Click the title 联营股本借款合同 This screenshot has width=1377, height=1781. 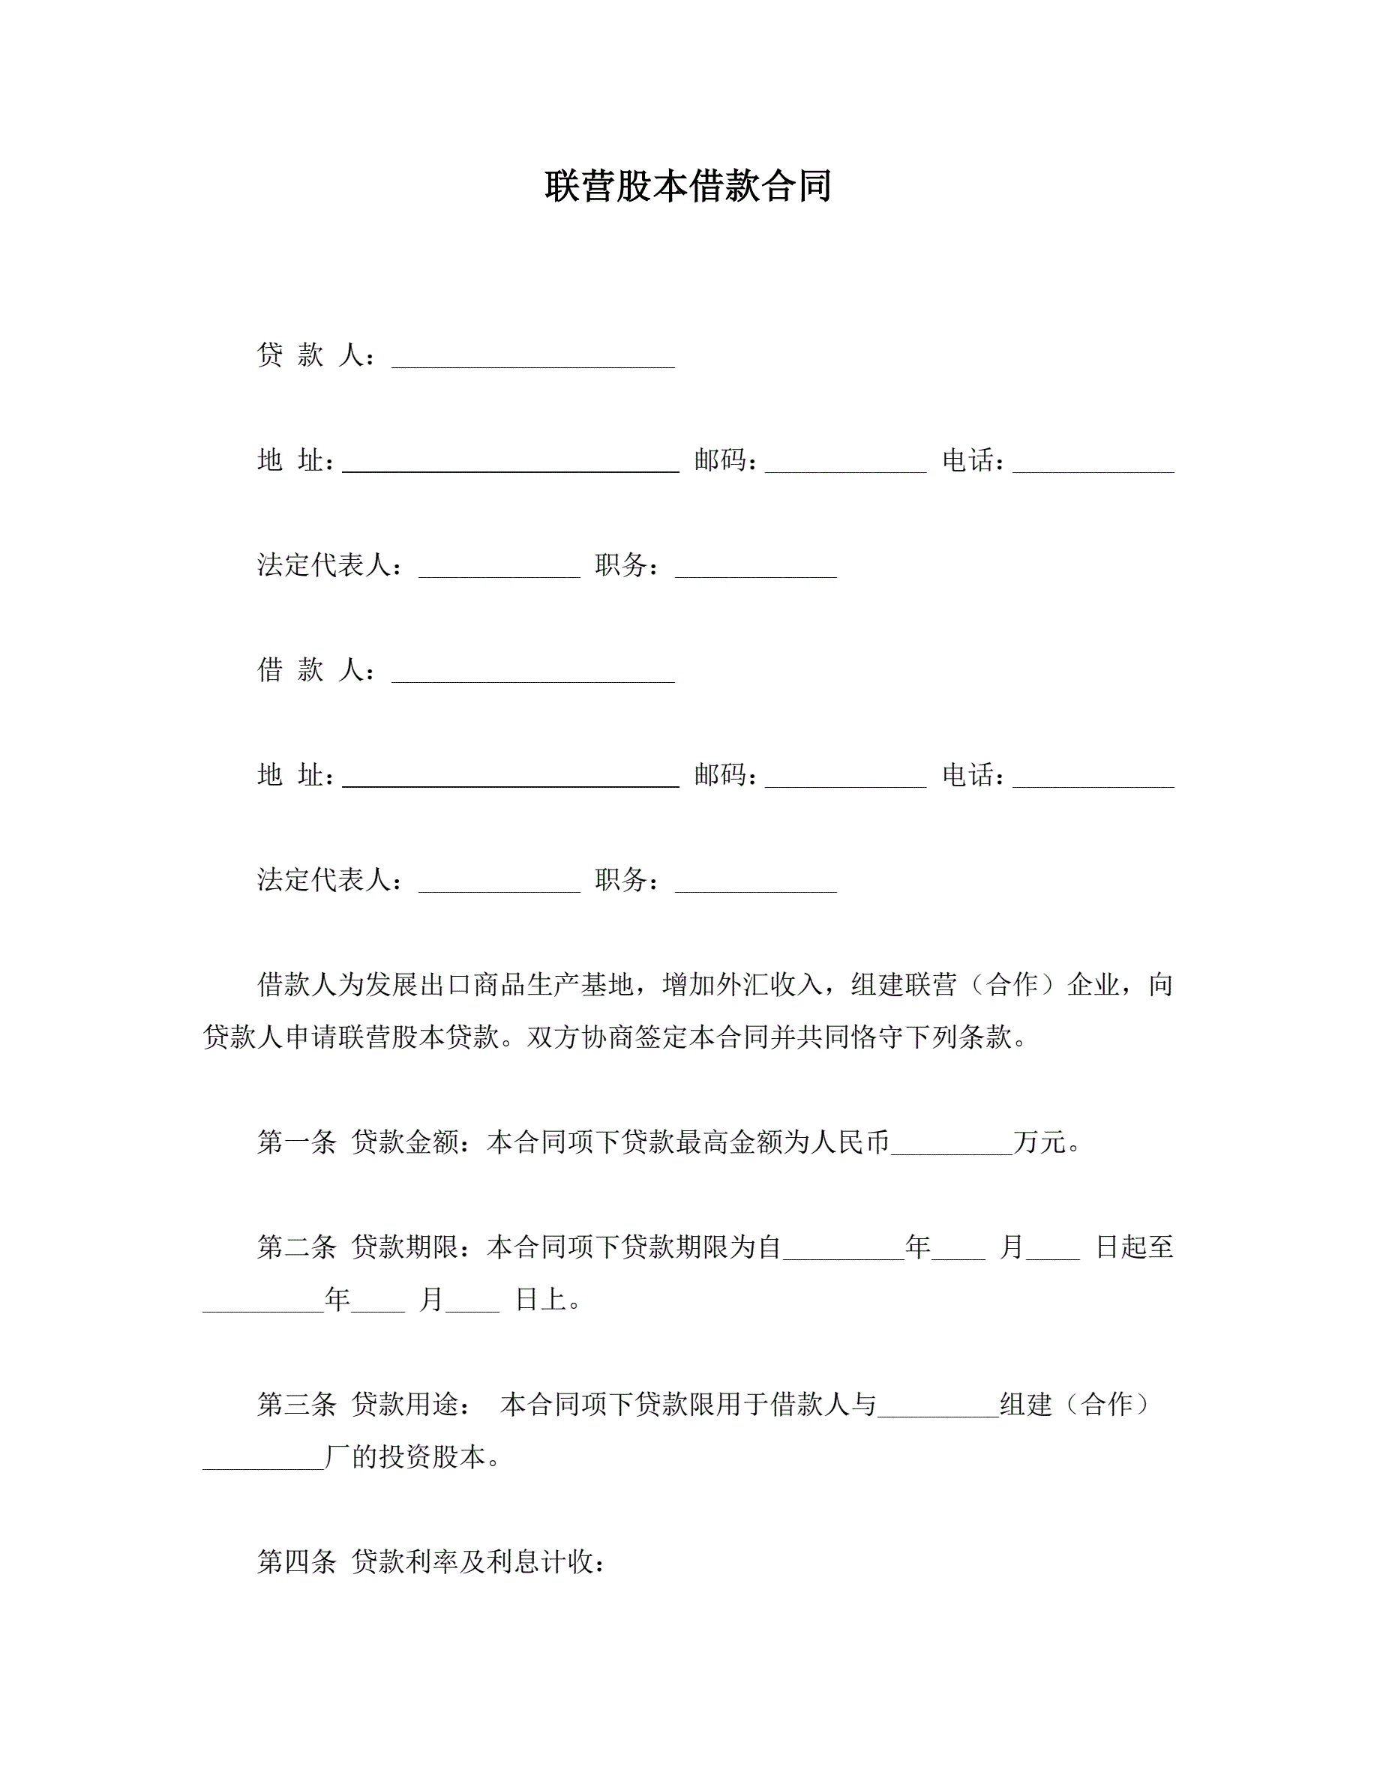point(688,186)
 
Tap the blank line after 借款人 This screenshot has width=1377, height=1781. point(532,674)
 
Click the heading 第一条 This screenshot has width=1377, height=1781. point(297,1142)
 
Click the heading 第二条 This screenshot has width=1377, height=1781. point(297,1247)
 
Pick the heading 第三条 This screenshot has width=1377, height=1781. point(297,1404)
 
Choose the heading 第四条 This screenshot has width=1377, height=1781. point(297,1561)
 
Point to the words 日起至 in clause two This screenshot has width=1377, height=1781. point(1134,1247)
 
